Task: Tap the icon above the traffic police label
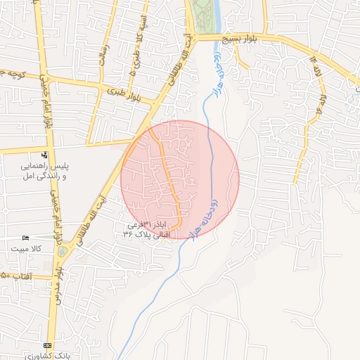(44, 155)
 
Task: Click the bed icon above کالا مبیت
(27, 238)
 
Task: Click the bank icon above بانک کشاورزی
(47, 345)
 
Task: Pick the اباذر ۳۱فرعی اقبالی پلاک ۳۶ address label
(150, 229)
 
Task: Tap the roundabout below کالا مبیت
(63, 251)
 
